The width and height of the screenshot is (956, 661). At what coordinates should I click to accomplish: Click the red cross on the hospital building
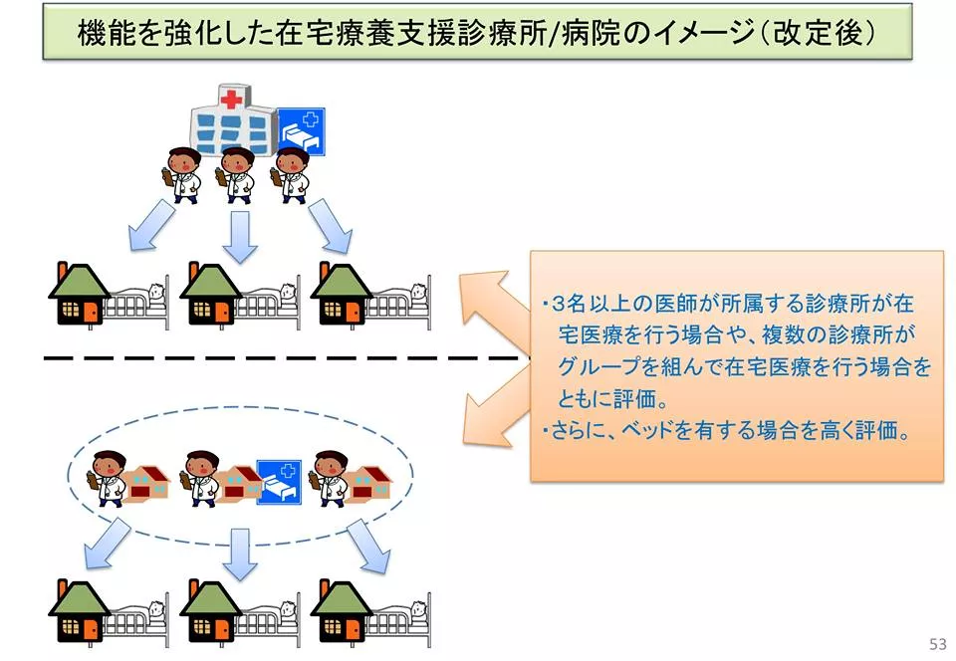231,99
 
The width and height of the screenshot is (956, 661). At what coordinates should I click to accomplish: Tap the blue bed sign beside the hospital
301,131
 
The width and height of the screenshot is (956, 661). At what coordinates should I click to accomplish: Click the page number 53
937,644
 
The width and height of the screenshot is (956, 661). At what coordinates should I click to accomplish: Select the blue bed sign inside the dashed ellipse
279,482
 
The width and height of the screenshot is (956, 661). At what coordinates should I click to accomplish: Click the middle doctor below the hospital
237,174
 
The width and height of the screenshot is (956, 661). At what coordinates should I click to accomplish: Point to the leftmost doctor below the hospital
183,174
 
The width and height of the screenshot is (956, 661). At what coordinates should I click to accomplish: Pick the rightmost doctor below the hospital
290,174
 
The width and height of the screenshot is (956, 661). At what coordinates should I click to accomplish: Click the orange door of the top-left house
91,312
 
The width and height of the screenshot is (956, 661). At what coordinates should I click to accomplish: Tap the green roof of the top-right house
341,281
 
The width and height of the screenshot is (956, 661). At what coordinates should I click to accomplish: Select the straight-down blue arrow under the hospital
240,236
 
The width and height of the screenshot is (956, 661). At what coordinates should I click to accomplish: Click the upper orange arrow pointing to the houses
494,304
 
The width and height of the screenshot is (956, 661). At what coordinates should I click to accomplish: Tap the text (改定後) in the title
819,32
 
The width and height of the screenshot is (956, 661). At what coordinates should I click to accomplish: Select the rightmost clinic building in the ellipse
368,482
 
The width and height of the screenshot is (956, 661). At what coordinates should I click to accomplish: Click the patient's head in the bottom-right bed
418,607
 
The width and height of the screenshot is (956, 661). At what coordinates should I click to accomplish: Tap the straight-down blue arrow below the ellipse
240,553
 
